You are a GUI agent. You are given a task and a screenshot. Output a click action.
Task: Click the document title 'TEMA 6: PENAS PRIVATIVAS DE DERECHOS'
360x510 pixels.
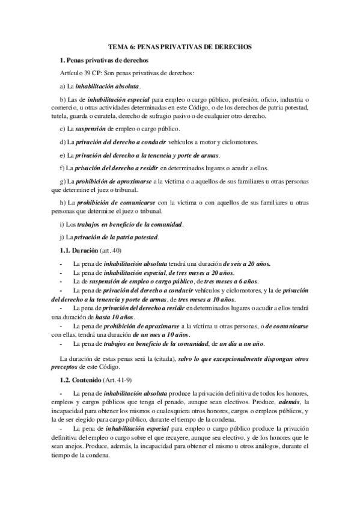click(x=180, y=46)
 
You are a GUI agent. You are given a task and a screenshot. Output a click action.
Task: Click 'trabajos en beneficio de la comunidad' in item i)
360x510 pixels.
click(x=130, y=224)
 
